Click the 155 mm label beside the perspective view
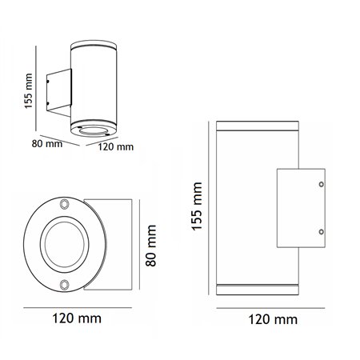point(28,91)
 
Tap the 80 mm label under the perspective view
point(47,144)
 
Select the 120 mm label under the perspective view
point(116,147)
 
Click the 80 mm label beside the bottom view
point(151,246)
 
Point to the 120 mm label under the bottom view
point(77,318)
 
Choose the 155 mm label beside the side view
point(197,206)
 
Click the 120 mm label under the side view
point(273,319)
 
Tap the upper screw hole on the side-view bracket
point(322,184)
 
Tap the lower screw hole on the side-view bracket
point(322,232)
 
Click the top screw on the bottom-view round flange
point(64,204)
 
